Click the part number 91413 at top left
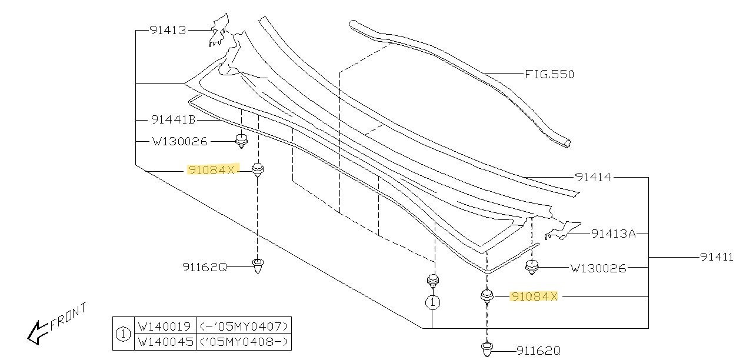coord(168,31)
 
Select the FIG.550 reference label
coord(549,74)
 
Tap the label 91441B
coord(173,119)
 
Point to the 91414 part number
coord(594,177)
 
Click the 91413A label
coord(614,234)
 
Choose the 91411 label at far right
coord(717,257)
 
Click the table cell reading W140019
coord(165,326)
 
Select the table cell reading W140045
coord(165,342)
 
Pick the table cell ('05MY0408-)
coord(244,342)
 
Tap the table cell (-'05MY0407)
coord(244,326)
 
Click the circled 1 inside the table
coord(123,334)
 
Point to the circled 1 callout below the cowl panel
coord(432,302)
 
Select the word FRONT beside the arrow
coord(68,316)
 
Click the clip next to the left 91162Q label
coord(258,265)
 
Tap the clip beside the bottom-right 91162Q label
coord(487,349)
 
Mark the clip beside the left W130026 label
coord(241,141)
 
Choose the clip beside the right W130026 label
coord(532,267)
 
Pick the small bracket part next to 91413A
coord(562,231)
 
